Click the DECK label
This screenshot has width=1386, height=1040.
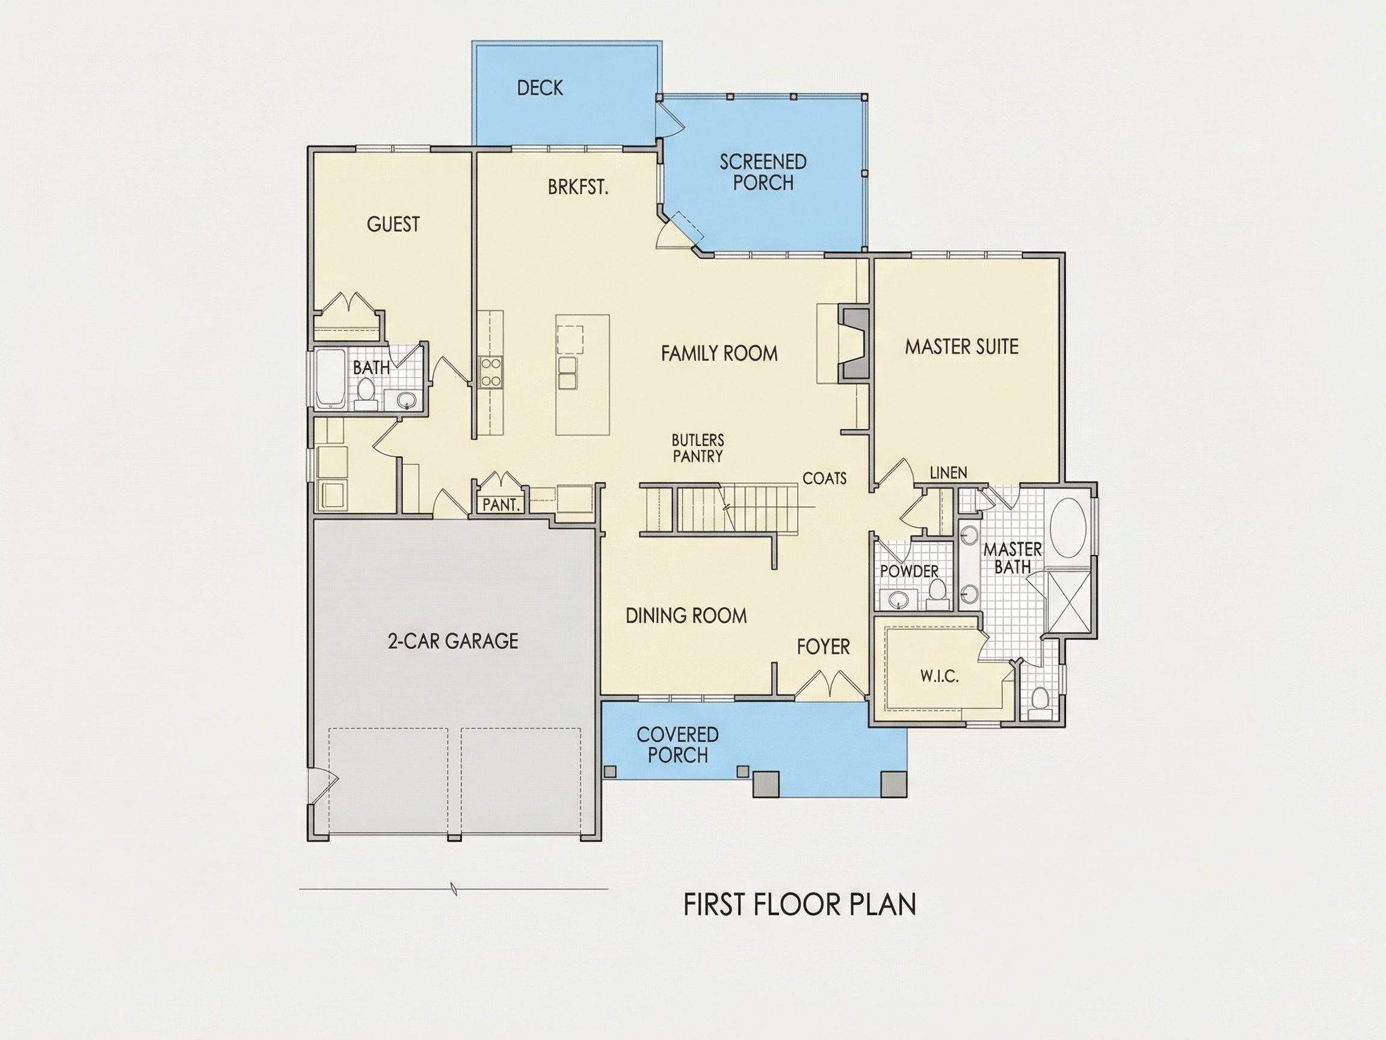(x=540, y=88)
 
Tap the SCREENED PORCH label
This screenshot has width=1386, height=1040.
(x=763, y=172)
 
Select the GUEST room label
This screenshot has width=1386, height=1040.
(x=393, y=224)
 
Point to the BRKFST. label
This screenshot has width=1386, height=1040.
(x=577, y=187)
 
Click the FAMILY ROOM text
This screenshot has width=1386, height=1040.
(x=719, y=353)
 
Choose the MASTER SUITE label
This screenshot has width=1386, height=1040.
(x=961, y=347)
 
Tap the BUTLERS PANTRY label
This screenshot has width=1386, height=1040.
(x=697, y=448)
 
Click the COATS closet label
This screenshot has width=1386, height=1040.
(x=825, y=478)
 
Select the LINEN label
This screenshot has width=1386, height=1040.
(x=948, y=472)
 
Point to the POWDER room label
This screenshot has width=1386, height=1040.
(x=909, y=571)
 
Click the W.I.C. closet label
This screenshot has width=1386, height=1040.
(x=939, y=676)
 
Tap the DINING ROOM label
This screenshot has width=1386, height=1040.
(x=686, y=616)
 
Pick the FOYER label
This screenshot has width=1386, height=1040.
(x=824, y=647)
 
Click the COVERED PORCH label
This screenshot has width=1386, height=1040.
(x=677, y=744)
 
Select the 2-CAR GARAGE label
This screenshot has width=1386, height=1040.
(x=453, y=641)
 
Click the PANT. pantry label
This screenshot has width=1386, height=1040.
(x=501, y=504)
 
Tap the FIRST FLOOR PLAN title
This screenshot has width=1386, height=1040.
(x=799, y=905)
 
